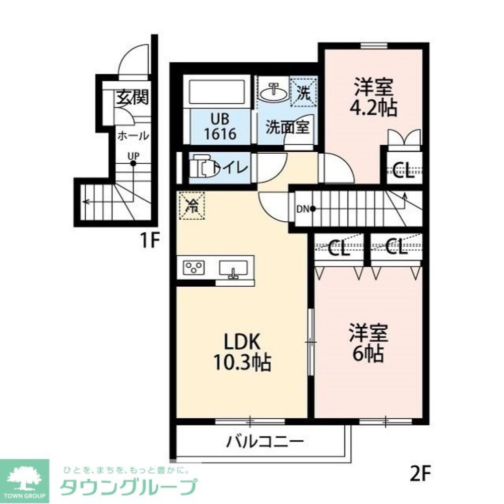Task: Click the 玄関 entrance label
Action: pos(133,97)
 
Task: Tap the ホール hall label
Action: pos(133,136)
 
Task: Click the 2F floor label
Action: pos(419,473)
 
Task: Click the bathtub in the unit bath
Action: pos(217,92)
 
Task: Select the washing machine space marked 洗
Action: pos(303,92)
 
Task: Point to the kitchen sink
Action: pos(232,268)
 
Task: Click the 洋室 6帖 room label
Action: pos(368,344)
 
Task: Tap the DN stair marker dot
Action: pos(313,209)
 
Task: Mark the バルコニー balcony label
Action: pos(265,443)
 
